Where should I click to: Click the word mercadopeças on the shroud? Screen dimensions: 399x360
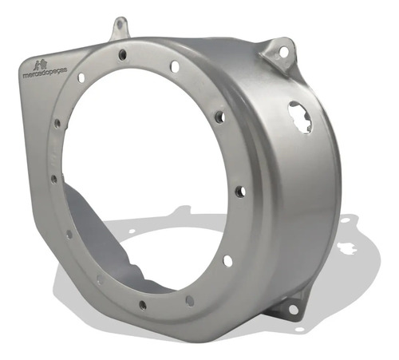45,73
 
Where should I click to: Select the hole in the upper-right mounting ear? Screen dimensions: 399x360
283,50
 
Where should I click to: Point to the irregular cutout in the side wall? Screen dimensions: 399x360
301,117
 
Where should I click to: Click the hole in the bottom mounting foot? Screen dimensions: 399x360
293,309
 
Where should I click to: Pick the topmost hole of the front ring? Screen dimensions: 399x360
122,54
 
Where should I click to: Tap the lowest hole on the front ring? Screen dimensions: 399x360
143,305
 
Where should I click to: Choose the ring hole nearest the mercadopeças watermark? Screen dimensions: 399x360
81,77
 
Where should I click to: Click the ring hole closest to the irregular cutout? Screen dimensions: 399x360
220,117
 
